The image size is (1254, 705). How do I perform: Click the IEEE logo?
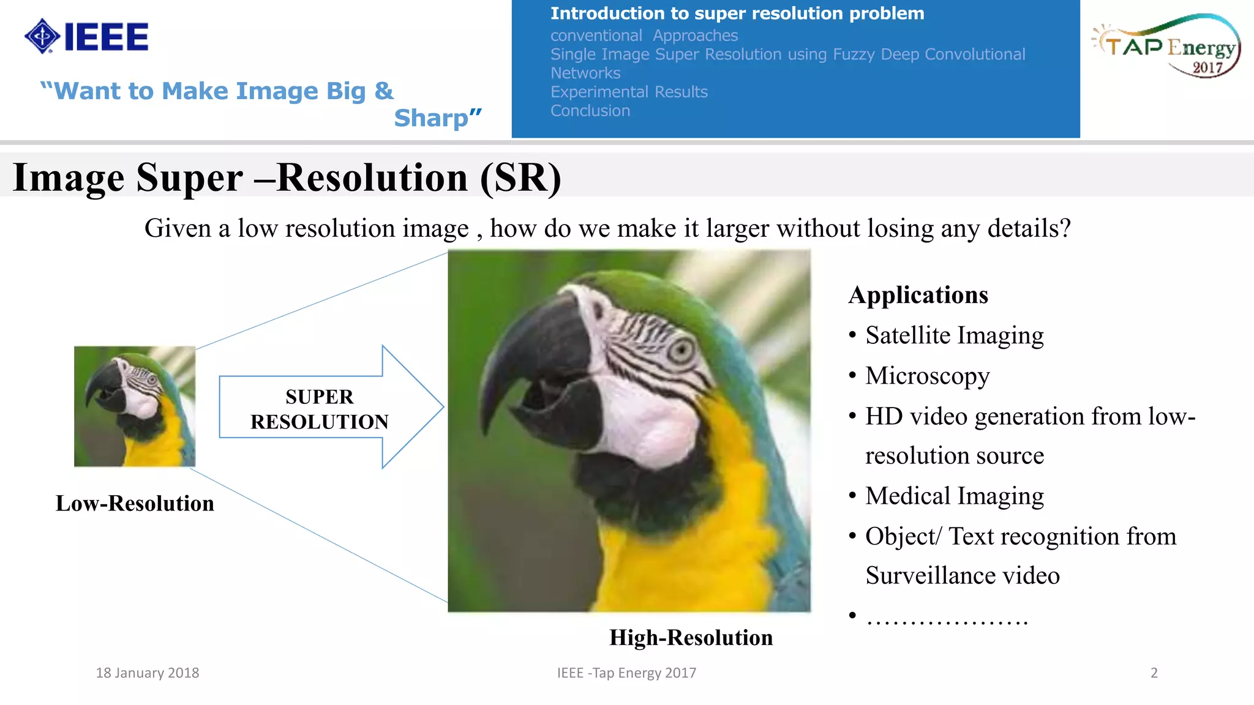[x=86, y=37]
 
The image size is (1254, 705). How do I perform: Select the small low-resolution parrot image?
[x=135, y=406]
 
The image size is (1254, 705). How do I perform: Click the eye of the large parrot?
[x=680, y=350]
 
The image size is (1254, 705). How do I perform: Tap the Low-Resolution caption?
[x=135, y=504]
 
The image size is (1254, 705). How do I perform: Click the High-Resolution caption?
[x=691, y=638]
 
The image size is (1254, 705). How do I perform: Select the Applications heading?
[x=918, y=295]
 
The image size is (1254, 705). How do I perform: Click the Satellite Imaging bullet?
[x=954, y=335]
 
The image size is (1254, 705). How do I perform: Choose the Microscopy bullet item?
[x=927, y=376]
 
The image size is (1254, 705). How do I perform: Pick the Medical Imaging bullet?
[x=954, y=496]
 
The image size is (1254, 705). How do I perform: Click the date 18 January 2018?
[x=148, y=673]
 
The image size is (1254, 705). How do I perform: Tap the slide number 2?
[x=1154, y=673]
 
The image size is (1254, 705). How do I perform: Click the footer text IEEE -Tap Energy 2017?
[x=626, y=673]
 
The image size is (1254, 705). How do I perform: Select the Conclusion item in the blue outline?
[x=590, y=111]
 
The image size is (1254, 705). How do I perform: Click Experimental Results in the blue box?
[x=629, y=92]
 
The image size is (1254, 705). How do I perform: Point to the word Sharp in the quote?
[x=431, y=118]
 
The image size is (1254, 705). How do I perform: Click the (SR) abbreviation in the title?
[x=520, y=178]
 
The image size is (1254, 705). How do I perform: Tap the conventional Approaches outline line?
[x=644, y=35]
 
